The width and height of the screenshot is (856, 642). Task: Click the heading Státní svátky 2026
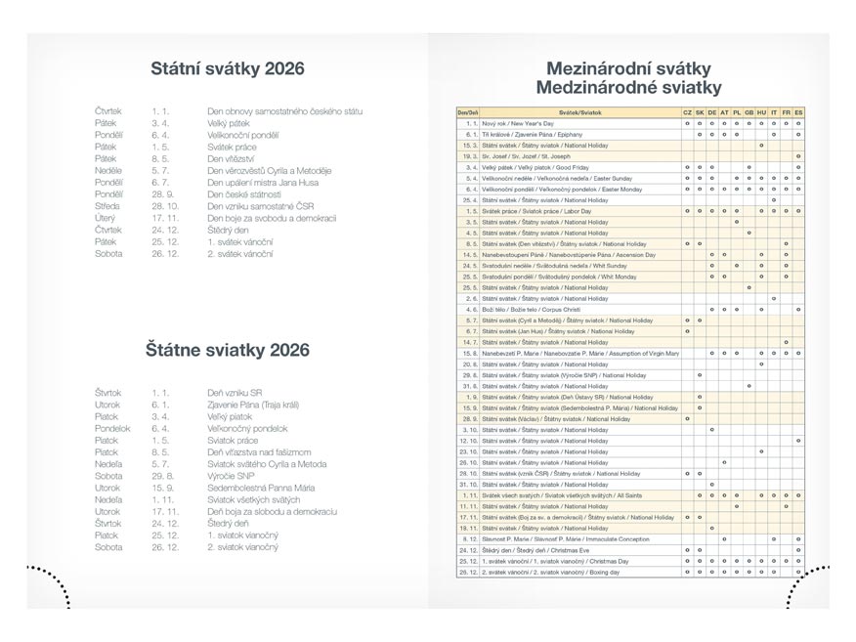pyautogui.click(x=227, y=69)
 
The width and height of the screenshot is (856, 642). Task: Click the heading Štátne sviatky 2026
pyautogui.click(x=227, y=349)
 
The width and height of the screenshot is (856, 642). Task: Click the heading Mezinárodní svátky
pyautogui.click(x=628, y=69)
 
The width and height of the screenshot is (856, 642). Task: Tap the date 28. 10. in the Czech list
pyautogui.click(x=166, y=206)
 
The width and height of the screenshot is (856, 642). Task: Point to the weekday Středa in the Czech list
pyautogui.click(x=107, y=206)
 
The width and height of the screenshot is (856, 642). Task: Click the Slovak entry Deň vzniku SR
pyautogui.click(x=235, y=392)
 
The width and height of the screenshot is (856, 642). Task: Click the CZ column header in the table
pyautogui.click(x=687, y=113)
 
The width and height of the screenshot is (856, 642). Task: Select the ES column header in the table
pyautogui.click(x=798, y=113)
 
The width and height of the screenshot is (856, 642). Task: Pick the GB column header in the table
pyautogui.click(x=749, y=113)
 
